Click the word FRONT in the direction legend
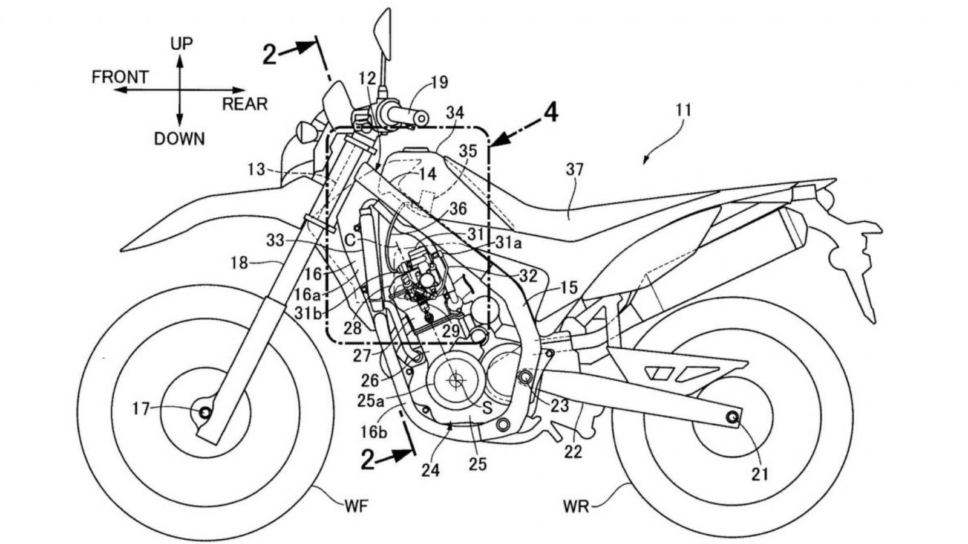(120, 77)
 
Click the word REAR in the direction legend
(244, 104)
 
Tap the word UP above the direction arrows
(181, 44)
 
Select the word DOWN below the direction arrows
(179, 139)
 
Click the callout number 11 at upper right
(684, 111)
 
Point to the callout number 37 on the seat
(574, 170)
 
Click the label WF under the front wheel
(355, 507)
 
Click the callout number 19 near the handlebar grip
(440, 82)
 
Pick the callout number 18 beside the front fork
(239, 263)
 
